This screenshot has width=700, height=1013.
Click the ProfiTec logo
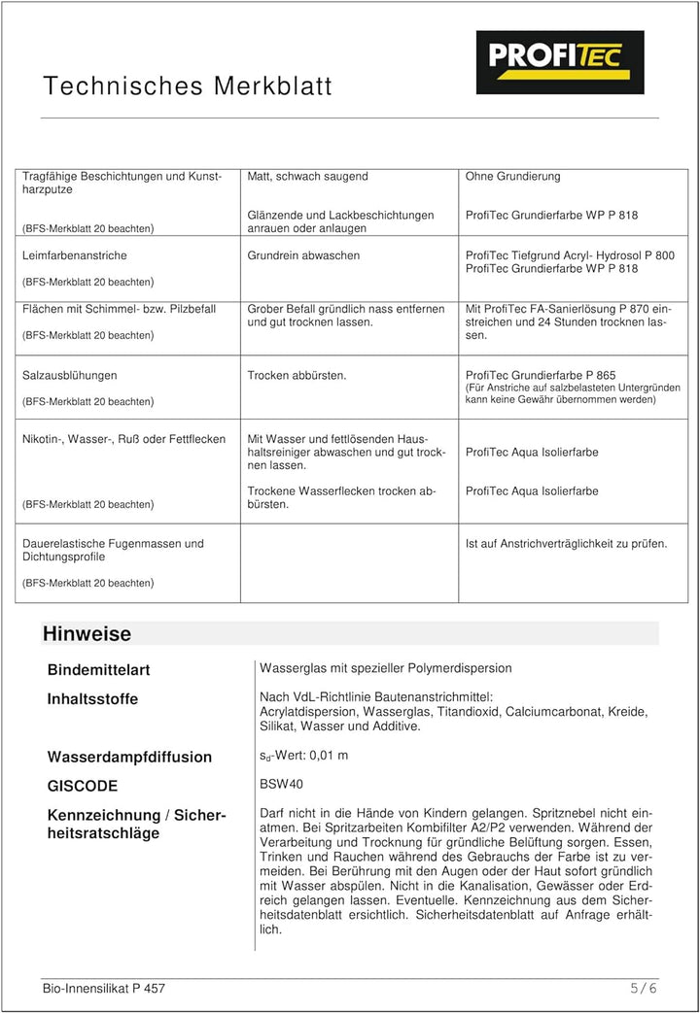click(x=560, y=62)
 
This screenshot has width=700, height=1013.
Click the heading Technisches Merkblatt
click(x=188, y=86)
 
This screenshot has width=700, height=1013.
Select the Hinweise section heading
click(x=87, y=634)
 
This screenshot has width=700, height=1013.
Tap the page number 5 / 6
click(x=644, y=988)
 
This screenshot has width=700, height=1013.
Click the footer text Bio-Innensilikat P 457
click(x=104, y=989)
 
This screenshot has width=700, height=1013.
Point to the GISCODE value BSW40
click(x=282, y=784)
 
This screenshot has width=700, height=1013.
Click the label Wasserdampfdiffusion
click(x=129, y=757)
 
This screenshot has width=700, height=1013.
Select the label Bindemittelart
click(x=98, y=670)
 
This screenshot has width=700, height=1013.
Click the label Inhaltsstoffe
click(x=92, y=699)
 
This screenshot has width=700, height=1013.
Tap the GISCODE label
click(x=83, y=786)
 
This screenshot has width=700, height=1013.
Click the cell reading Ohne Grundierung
click(x=512, y=177)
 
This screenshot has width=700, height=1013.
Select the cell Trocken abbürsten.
click(x=297, y=375)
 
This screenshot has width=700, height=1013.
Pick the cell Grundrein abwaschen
click(x=303, y=255)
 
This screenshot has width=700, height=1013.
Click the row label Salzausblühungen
click(x=69, y=375)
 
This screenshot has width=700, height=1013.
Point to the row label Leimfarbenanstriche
click(x=74, y=255)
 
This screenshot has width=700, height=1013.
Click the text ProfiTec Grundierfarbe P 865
click(x=541, y=375)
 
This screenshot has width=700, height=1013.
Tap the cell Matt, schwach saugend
click(x=307, y=177)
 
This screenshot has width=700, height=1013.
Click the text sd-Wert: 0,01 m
click(x=303, y=756)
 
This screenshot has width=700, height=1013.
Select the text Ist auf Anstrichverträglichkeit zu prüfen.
click(x=566, y=544)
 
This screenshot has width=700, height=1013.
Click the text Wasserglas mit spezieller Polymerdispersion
click(x=385, y=668)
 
